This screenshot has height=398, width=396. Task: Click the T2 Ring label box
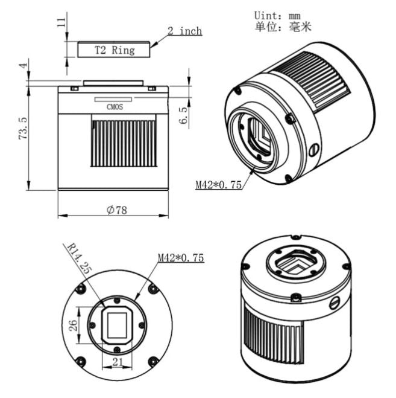pyautogui.click(x=114, y=50)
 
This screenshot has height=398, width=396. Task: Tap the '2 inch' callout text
pyautogui.click(x=184, y=31)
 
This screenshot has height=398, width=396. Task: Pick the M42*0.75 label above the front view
pyautogui.click(x=181, y=258)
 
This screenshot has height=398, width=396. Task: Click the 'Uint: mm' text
pyautogui.click(x=279, y=14)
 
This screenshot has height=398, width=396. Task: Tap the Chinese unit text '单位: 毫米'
pyautogui.click(x=283, y=27)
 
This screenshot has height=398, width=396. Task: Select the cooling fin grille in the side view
pyautogui.click(x=124, y=143)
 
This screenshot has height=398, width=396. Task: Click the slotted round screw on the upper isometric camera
pyautogui.click(x=313, y=149)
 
